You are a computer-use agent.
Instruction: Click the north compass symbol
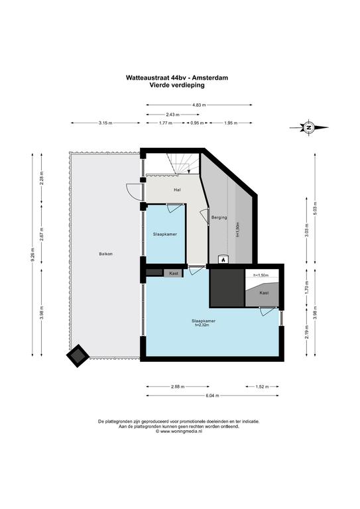click(309, 127)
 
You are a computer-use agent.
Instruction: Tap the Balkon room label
click(106, 254)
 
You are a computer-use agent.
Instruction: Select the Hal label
click(177, 190)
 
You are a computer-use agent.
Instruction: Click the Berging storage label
click(219, 217)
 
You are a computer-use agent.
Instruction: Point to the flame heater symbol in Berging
click(223, 259)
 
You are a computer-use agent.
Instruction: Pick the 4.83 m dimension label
click(199, 105)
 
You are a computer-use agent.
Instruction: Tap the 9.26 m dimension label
click(32, 254)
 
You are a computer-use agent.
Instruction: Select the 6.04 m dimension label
click(212, 396)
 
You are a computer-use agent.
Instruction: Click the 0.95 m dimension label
click(197, 123)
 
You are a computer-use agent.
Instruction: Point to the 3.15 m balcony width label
click(105, 123)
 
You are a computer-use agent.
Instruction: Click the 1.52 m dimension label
click(262, 386)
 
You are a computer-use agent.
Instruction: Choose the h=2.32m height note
click(202, 325)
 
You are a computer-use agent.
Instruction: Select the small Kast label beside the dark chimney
click(174, 274)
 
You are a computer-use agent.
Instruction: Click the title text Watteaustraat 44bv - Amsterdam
click(177, 78)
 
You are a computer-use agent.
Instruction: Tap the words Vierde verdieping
click(177, 85)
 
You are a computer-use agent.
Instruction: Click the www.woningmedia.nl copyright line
click(179, 431)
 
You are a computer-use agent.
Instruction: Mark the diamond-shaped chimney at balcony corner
click(78, 356)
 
